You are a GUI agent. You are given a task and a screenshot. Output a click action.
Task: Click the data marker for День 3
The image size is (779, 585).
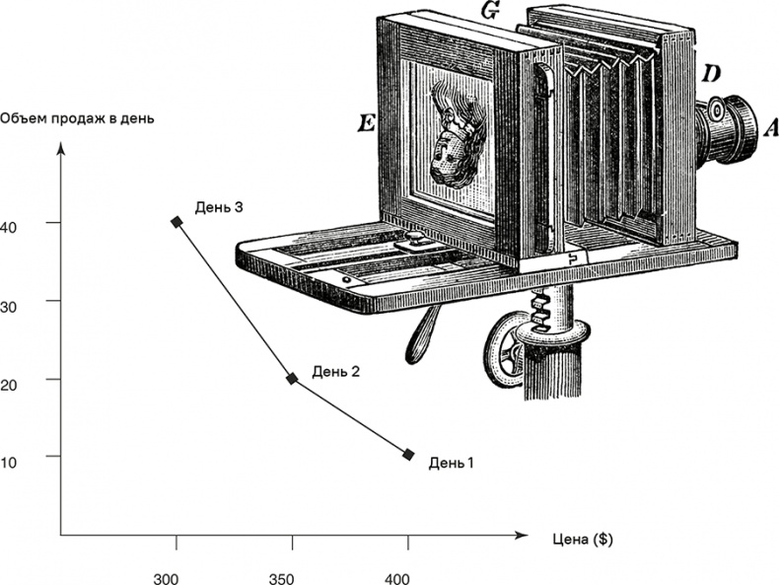pos(177,222)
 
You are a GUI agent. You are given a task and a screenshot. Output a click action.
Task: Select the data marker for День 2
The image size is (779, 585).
pos(292,378)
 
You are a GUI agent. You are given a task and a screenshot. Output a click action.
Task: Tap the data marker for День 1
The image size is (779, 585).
pos(408,454)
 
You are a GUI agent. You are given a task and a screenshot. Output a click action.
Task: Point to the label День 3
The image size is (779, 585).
pos(219,207)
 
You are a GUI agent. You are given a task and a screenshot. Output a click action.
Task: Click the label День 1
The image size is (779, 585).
pos(452,461)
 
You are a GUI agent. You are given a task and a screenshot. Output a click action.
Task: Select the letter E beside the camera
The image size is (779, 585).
pos(367,123)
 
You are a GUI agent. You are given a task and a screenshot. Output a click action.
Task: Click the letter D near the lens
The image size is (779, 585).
pos(712,74)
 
